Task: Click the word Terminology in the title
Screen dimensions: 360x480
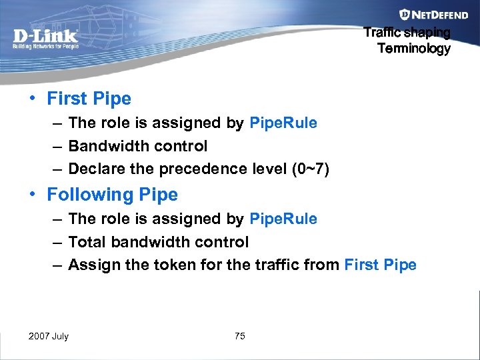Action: [x=414, y=48]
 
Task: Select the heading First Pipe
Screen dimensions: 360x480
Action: [x=89, y=99]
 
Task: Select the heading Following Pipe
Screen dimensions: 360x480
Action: [x=112, y=195]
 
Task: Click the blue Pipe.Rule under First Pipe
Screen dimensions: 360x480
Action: [x=283, y=123]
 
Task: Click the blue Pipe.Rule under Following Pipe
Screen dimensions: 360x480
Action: [x=283, y=219]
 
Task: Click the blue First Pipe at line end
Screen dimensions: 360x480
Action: [x=381, y=265]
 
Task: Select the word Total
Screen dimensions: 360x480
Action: [x=87, y=242]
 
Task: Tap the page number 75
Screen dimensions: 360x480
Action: [x=240, y=336]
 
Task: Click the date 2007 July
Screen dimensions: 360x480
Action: [x=49, y=336]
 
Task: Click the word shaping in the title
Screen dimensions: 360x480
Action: [x=431, y=32]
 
